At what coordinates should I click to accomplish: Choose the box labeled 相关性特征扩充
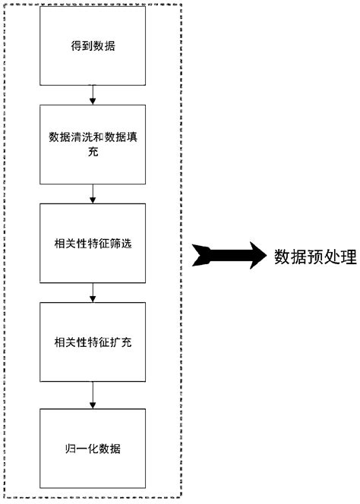tap(92, 342)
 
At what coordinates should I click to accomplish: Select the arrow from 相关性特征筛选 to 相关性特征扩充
tap(92, 293)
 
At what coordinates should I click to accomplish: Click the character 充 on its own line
tap(92, 153)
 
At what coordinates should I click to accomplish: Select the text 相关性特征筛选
tap(92, 244)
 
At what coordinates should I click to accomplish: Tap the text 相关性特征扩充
tap(92, 342)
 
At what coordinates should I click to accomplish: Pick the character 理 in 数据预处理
tap(349, 257)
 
